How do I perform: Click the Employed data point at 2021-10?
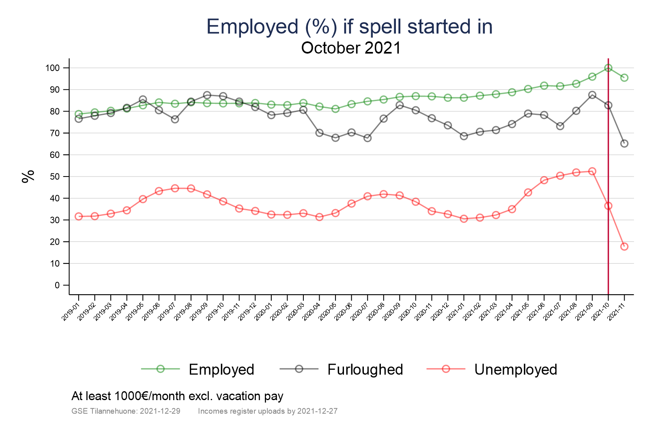pos(608,68)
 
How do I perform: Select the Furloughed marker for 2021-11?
pos(624,143)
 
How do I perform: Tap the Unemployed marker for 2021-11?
pos(624,246)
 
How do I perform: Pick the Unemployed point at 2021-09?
pos(592,171)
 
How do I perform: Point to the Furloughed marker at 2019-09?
pos(207,95)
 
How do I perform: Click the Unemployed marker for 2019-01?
pos(79,216)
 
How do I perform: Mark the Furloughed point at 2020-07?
pos(367,138)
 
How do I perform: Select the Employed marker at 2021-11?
pos(624,78)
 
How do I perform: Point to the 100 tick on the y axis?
pos(52,68)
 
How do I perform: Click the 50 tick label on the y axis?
pos(54,177)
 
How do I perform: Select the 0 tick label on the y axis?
pos(57,285)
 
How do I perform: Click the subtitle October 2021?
pos(351,48)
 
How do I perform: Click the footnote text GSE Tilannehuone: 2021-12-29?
pos(126,411)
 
